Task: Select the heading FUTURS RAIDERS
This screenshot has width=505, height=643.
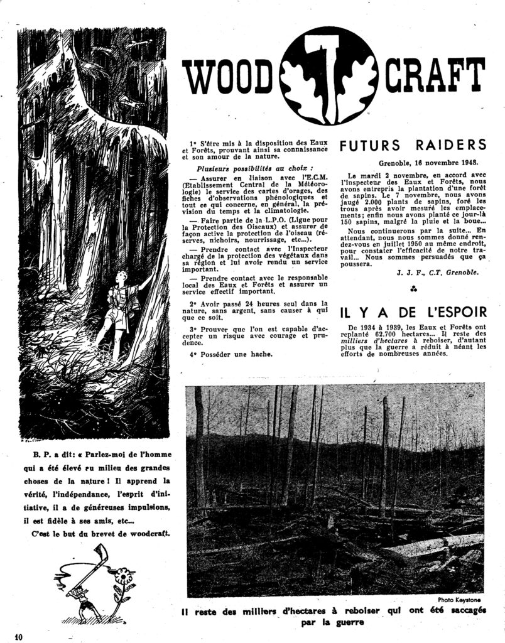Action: tap(413, 145)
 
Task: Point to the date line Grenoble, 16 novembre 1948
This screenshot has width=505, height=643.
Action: tap(432, 162)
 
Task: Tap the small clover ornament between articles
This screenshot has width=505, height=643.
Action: tap(413, 289)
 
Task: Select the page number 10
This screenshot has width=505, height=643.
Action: tap(17, 635)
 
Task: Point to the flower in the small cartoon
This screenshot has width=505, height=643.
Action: tap(122, 576)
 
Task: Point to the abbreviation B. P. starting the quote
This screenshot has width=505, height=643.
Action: tap(38, 453)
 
